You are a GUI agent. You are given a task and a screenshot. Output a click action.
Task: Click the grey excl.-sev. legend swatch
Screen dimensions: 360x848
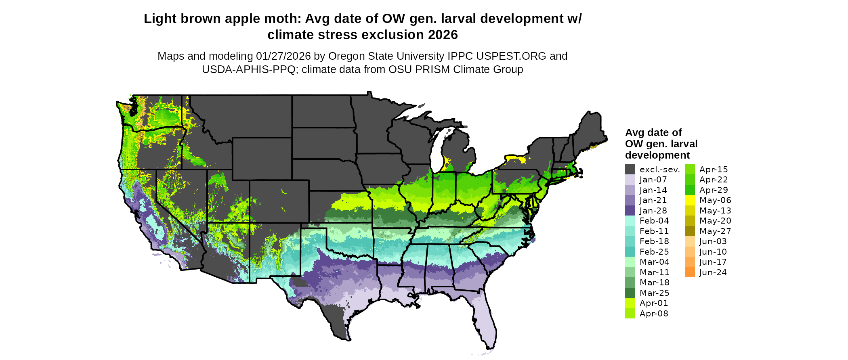(630, 170)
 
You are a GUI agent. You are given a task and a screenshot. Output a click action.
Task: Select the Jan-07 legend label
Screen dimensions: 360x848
(653, 180)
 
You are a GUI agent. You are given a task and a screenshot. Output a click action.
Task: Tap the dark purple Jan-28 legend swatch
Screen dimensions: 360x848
(630, 211)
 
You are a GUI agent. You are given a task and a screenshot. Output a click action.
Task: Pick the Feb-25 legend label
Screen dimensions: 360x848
(654, 252)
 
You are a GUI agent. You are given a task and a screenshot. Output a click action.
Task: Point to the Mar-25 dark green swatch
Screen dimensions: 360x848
(630, 293)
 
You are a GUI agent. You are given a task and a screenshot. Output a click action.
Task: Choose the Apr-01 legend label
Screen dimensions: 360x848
(654, 303)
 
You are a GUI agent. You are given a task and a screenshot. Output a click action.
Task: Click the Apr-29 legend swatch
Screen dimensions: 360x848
(690, 190)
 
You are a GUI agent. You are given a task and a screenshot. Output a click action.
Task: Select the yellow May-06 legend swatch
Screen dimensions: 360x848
(690, 200)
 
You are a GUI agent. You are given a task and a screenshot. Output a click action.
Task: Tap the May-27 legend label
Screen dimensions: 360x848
(715, 231)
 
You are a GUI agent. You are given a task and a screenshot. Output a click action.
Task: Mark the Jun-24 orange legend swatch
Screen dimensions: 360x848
(690, 272)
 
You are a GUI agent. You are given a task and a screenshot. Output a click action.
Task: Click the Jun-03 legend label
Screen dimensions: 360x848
(713, 241)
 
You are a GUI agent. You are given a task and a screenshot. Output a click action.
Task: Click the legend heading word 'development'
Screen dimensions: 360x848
(657, 155)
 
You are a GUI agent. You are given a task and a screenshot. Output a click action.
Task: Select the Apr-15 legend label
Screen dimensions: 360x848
(714, 170)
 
